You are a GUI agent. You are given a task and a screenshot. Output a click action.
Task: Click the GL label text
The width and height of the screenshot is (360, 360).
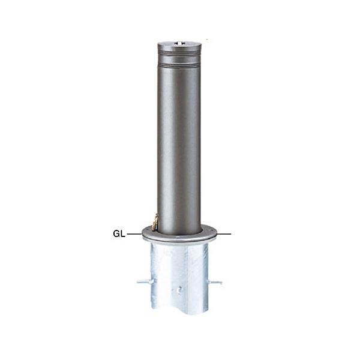[x=119, y=234]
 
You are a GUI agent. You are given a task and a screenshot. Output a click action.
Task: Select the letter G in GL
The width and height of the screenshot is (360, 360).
[x=116, y=234]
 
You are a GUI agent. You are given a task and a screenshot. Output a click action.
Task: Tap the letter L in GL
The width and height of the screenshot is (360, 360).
[x=123, y=234]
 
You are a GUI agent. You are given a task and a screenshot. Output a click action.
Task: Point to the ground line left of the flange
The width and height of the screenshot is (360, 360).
[x=134, y=234]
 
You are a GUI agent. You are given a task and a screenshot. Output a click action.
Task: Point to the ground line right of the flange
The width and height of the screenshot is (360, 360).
[x=224, y=234]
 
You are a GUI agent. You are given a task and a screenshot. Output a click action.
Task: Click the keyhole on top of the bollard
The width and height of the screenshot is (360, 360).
[x=179, y=43]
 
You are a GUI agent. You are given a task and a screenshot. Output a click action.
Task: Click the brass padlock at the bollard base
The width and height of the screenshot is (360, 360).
[x=155, y=221]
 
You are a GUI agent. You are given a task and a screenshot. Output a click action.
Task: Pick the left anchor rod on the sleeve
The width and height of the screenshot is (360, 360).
[x=146, y=281]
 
